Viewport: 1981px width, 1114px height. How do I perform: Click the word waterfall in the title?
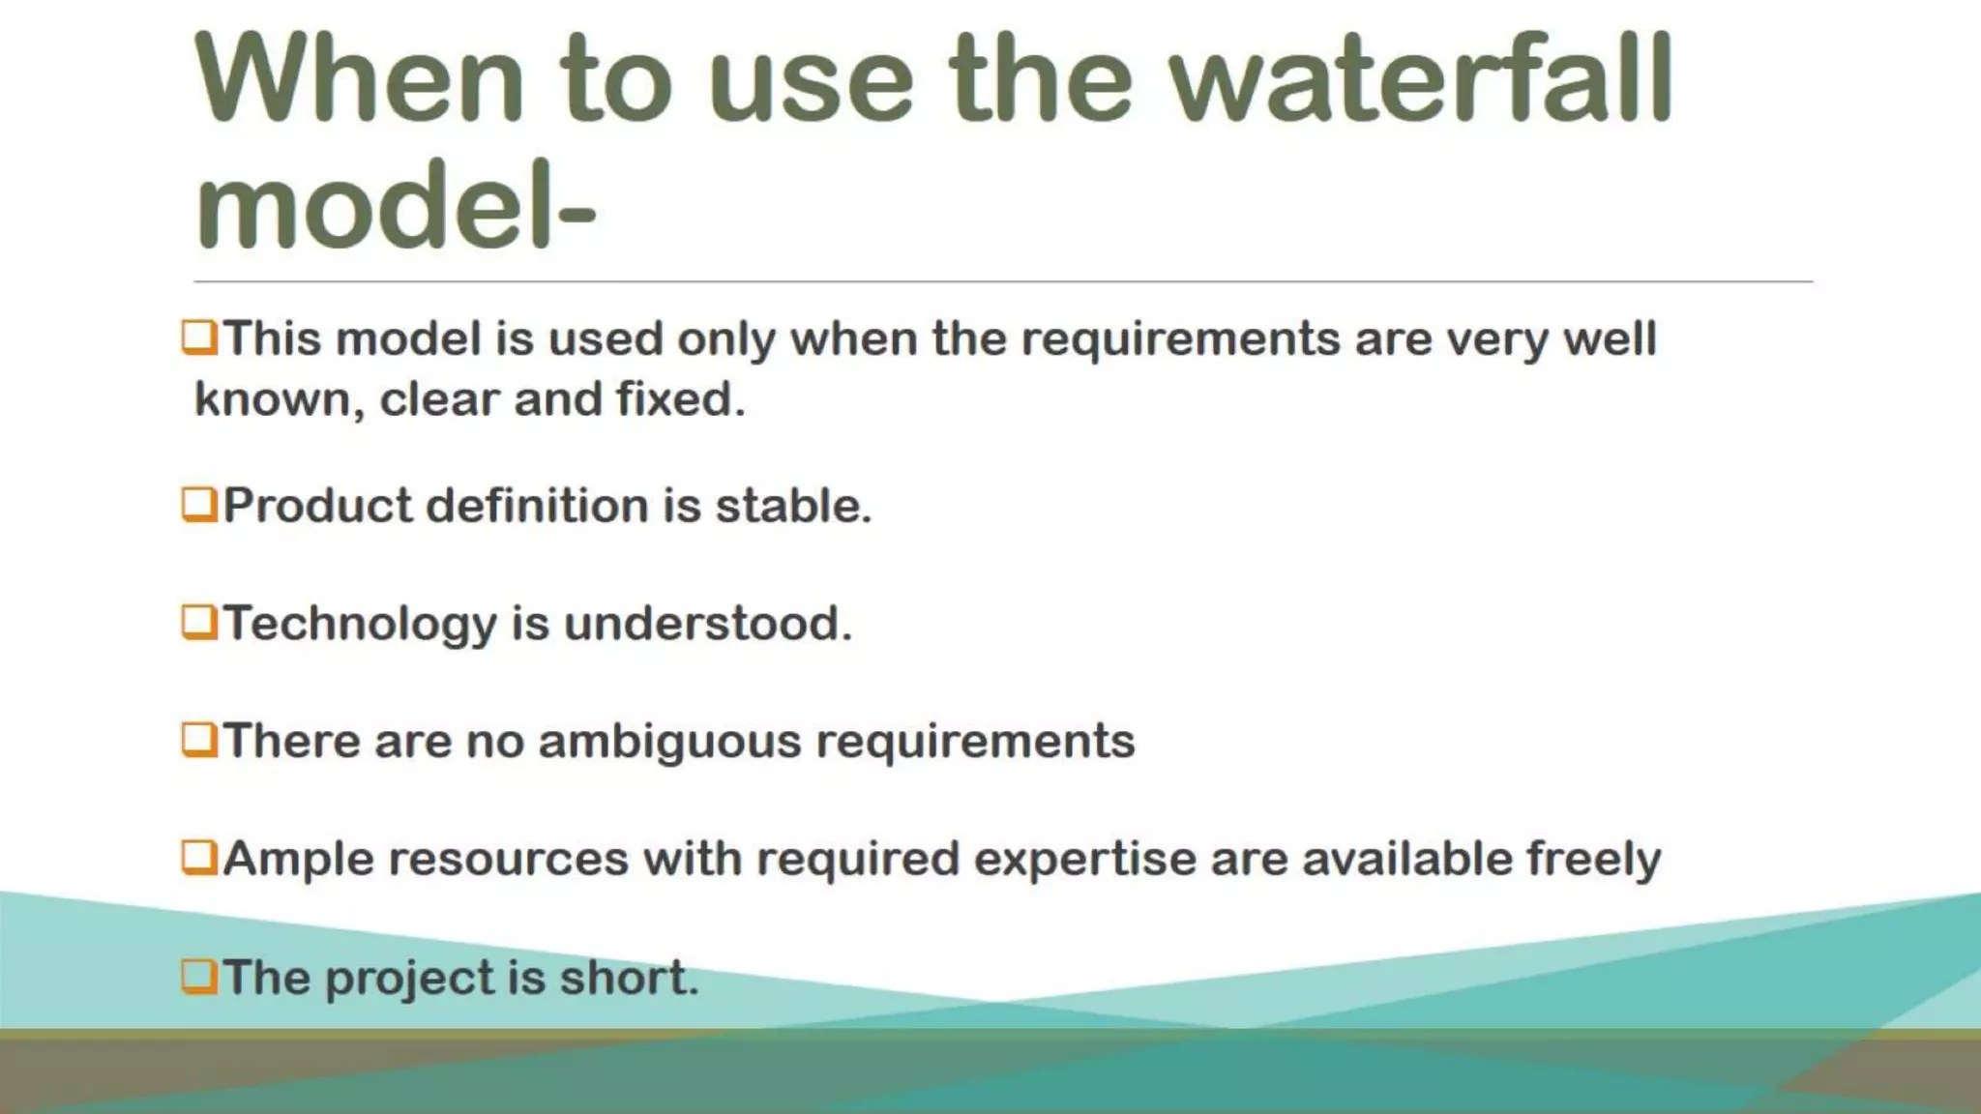pyautogui.click(x=1422, y=79)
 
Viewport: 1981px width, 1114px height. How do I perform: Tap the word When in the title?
pyautogui.click(x=359, y=79)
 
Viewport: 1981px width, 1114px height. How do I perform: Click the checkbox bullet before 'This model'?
pyautogui.click(x=199, y=338)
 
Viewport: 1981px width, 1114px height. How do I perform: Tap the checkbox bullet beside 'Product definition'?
pyautogui.click(x=199, y=505)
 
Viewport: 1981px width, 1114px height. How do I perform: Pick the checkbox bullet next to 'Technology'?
pyautogui.click(x=199, y=623)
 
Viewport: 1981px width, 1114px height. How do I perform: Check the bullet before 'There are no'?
pyautogui.click(x=199, y=741)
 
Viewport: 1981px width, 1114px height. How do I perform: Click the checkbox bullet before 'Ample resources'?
pyautogui.click(x=199, y=859)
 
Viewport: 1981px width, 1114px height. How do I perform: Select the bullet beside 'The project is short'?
pyautogui.click(x=199, y=977)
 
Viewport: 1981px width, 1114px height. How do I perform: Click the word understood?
pyautogui.click(x=707, y=624)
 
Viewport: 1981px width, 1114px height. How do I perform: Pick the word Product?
pyautogui.click(x=317, y=506)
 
